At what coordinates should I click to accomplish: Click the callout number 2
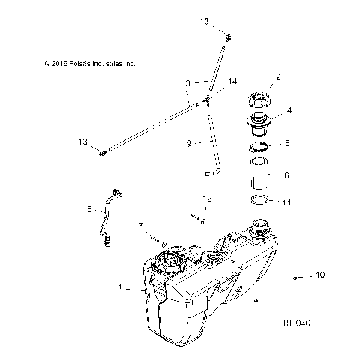point(278,76)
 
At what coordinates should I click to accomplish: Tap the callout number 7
point(139,226)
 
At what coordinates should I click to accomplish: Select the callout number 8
point(90,211)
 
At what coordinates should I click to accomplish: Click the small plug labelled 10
point(298,277)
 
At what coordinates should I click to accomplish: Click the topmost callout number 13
point(205,22)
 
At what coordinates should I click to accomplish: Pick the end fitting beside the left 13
point(103,154)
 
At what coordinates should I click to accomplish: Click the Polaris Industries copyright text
point(89,64)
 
